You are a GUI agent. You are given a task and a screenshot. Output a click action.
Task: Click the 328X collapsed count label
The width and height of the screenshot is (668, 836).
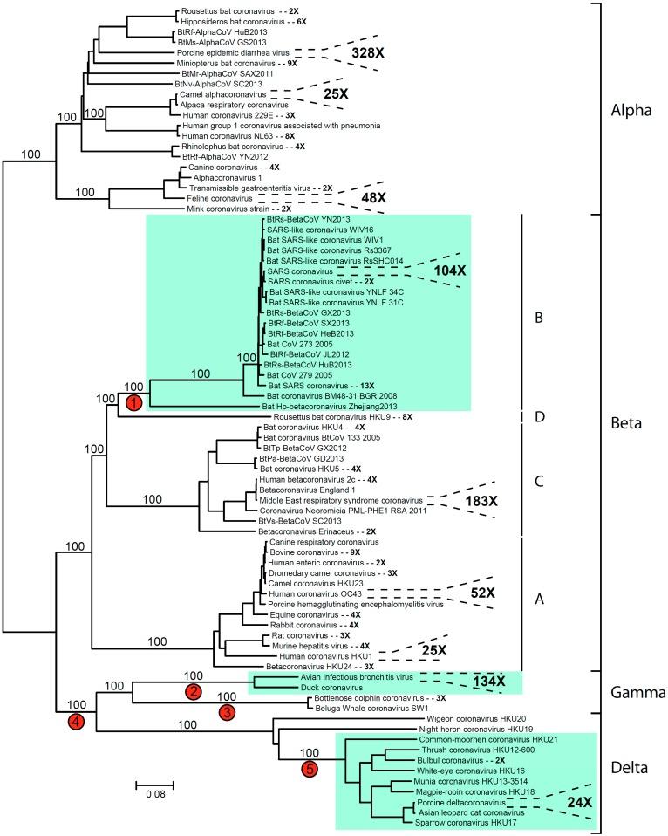(x=380, y=55)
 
